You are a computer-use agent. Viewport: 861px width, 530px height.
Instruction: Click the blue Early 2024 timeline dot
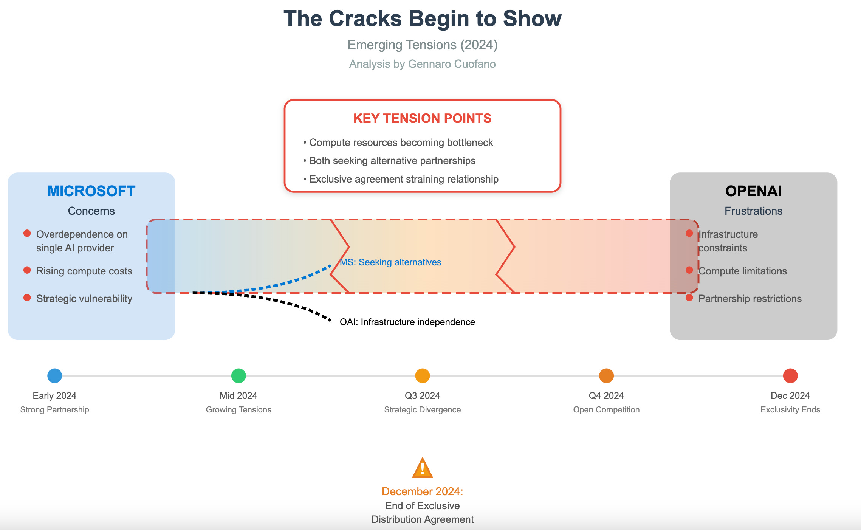pos(55,376)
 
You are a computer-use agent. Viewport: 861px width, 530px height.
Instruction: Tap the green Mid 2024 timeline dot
pos(238,376)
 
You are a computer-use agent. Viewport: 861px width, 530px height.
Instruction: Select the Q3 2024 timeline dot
pos(423,376)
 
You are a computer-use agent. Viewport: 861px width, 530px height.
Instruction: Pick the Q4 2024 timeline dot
pos(606,376)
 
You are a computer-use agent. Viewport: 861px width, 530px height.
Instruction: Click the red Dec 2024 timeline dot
pos(790,376)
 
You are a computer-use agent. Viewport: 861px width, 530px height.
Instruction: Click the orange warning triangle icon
pos(423,468)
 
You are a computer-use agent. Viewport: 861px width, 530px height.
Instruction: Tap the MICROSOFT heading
pos(91,191)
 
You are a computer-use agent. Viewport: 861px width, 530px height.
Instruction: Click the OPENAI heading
pos(753,191)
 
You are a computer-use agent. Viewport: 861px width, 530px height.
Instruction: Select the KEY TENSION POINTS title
pos(422,118)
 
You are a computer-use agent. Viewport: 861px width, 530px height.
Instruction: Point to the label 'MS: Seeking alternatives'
pos(390,262)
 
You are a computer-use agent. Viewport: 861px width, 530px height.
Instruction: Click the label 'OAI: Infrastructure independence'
pos(407,322)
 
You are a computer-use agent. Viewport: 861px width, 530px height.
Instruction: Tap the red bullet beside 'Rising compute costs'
pos(27,270)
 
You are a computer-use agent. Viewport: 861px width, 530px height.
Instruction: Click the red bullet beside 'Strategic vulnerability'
pos(27,298)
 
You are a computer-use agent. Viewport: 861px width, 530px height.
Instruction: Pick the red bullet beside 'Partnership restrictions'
pos(689,298)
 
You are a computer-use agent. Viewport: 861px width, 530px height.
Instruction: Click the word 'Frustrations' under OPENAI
pos(753,211)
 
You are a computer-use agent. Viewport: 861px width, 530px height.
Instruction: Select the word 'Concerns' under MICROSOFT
pos(91,211)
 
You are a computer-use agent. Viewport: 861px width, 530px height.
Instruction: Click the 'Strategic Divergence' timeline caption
pos(422,410)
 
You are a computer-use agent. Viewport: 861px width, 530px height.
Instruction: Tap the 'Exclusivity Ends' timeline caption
pos(790,410)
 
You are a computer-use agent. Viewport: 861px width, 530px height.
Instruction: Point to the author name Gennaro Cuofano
pos(452,64)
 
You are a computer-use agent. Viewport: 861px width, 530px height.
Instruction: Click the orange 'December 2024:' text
pos(422,491)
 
